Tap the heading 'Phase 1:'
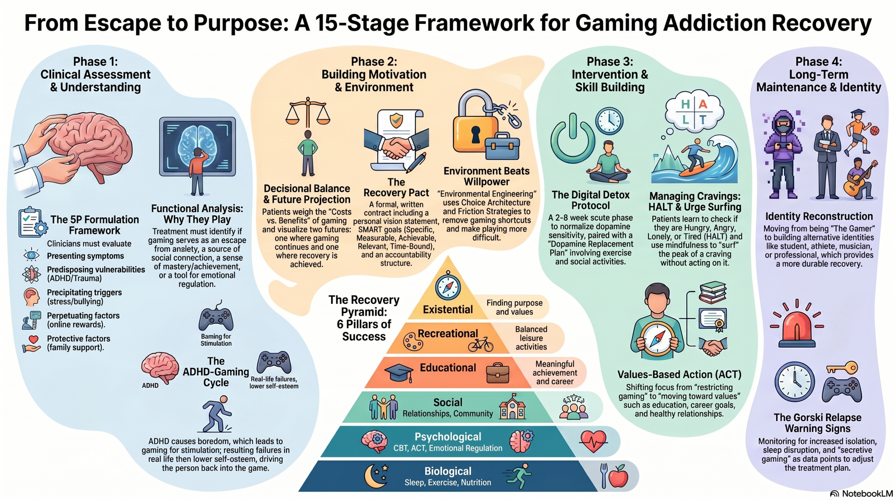(95, 62)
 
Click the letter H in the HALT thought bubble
(685, 104)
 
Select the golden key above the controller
(842, 368)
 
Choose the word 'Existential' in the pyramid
(448, 309)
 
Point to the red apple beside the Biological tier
(618, 477)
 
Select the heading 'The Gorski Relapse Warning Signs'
(817, 423)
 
